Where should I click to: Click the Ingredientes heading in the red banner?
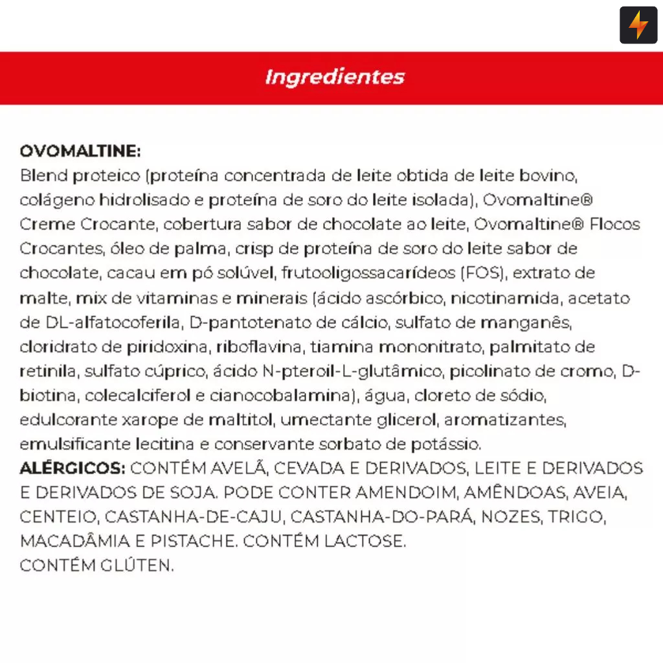(335, 77)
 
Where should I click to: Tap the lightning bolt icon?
(638, 25)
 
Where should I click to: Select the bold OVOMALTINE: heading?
(80, 152)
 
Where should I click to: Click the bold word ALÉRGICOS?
(73, 468)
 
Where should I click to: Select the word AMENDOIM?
(405, 493)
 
